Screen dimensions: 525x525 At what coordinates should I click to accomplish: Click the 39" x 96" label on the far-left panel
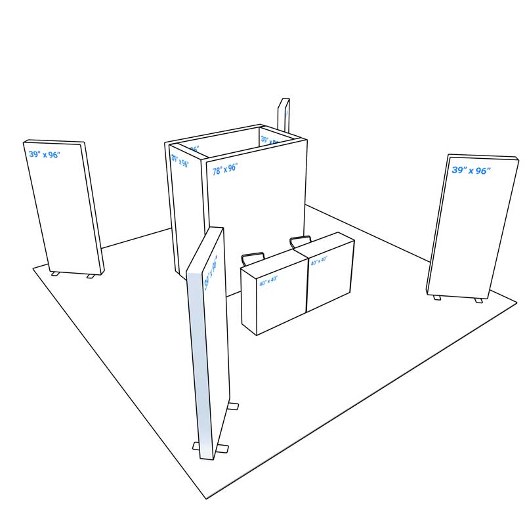[x=44, y=155]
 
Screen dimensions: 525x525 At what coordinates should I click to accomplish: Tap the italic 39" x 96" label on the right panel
[x=471, y=171]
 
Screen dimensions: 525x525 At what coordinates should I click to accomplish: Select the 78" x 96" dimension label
[x=224, y=169]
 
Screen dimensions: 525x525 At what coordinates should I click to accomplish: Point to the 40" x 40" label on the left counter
[x=268, y=280]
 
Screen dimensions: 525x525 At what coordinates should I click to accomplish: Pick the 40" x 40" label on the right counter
[x=319, y=261]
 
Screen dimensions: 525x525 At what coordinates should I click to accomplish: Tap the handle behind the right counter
[x=301, y=240]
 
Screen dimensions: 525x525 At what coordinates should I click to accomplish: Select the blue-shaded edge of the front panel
[x=200, y=361]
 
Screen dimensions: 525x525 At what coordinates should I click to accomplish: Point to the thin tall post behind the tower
[x=284, y=114]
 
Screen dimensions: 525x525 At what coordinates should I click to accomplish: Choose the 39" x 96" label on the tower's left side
[x=180, y=160]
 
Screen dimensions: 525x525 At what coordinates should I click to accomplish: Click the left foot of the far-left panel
[x=55, y=274]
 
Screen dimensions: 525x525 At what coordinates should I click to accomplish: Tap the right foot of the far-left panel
[x=91, y=276]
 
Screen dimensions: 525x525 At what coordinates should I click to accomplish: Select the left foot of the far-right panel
[x=437, y=298]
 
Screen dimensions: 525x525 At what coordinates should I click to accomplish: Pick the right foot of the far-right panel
[x=478, y=301]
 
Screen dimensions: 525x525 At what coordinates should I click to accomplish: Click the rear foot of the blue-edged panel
[x=233, y=407]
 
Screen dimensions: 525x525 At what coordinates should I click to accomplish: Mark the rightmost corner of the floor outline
[x=516, y=303]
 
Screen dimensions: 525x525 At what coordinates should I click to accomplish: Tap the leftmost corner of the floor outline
[x=33, y=268]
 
